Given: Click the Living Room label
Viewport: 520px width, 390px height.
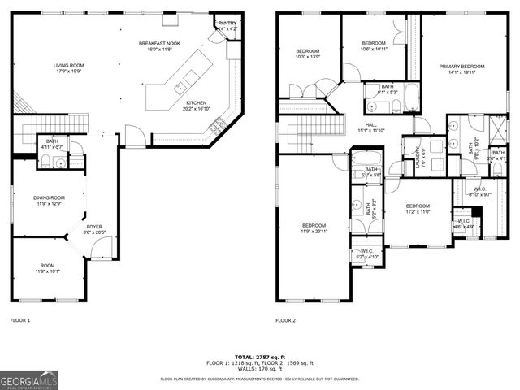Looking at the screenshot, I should (68, 65).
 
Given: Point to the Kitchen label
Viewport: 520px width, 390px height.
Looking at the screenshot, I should (197, 103).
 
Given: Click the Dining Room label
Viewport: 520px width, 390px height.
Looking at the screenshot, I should (49, 197).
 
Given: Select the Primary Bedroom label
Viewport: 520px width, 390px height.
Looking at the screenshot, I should (461, 66).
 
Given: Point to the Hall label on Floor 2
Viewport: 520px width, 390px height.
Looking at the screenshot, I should (370, 124).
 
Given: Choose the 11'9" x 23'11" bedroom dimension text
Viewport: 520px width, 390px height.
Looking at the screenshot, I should (314, 232).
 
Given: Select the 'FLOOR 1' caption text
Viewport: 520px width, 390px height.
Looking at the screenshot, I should (20, 320).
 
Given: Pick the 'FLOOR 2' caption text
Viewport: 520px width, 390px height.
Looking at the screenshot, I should (285, 320).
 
